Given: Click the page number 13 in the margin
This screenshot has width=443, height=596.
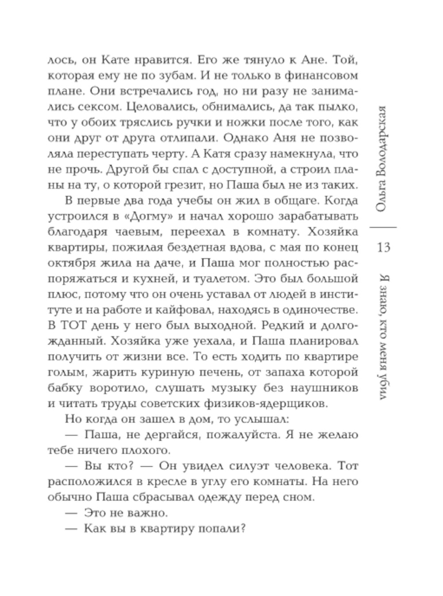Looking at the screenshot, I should coord(384,247).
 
